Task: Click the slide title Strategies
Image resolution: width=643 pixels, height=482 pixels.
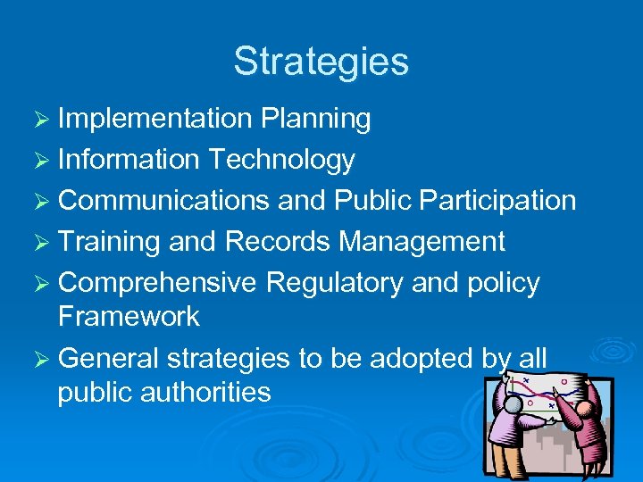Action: (321, 62)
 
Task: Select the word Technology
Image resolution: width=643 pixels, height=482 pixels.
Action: (281, 160)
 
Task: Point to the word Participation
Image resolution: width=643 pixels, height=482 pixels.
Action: (500, 201)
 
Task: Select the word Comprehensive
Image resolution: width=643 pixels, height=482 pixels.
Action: (158, 283)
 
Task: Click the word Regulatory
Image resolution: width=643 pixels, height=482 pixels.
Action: (334, 283)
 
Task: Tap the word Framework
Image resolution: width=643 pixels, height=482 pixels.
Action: (129, 316)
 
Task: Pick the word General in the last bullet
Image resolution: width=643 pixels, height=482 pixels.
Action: (107, 358)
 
